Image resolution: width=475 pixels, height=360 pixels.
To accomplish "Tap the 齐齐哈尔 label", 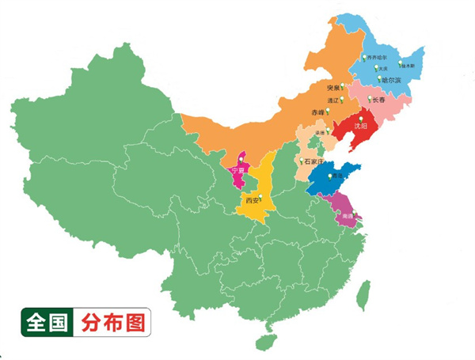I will click(x=377, y=58).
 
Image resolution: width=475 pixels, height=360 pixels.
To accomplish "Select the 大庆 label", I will click(x=384, y=69).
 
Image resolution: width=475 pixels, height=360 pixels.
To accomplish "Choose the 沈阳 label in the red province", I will click(x=361, y=125).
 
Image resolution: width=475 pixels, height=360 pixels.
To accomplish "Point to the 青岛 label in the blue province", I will click(x=337, y=176).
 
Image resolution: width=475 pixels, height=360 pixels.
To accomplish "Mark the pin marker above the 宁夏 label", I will click(x=241, y=162).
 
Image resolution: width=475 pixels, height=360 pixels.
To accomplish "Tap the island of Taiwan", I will click(x=364, y=296).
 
